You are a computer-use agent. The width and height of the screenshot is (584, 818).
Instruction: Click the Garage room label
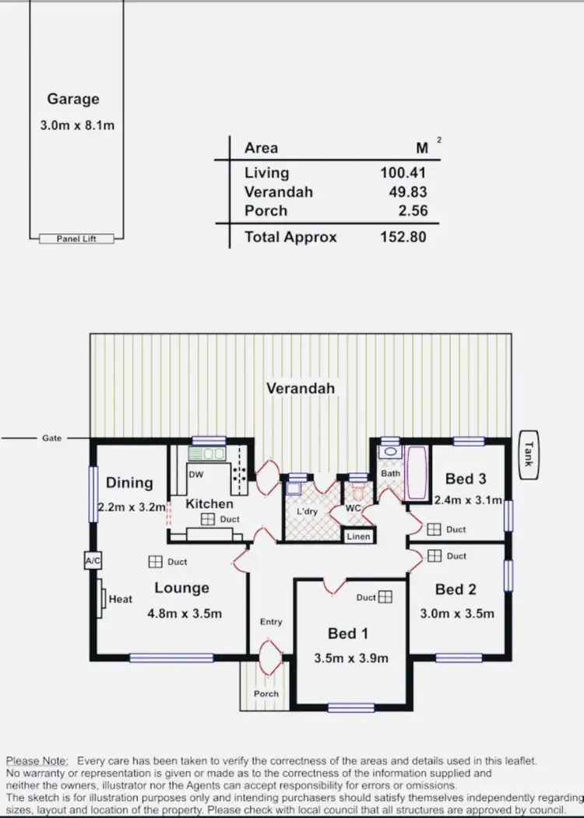tap(73, 99)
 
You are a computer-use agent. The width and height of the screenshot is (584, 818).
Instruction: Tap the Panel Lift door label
tap(76, 239)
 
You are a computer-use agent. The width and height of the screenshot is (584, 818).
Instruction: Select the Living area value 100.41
tap(403, 173)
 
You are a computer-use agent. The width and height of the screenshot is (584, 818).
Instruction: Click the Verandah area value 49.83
tap(408, 191)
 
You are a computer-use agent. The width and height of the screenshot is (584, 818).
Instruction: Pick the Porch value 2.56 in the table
tap(412, 210)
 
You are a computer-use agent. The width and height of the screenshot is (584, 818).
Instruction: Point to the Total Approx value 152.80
tap(403, 237)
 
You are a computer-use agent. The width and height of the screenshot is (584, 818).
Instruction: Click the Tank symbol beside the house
tap(528, 454)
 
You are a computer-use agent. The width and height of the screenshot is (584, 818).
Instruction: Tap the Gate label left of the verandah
tap(52, 438)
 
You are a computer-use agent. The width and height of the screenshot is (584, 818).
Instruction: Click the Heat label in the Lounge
tap(121, 599)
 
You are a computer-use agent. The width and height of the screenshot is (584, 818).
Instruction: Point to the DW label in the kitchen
tap(196, 474)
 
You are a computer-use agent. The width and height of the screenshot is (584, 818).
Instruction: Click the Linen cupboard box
tap(358, 536)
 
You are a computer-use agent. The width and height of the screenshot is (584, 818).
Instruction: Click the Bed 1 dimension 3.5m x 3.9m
tap(350, 658)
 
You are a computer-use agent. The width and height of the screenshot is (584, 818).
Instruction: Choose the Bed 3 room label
tap(466, 479)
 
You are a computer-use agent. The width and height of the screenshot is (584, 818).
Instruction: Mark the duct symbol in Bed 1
tap(385, 597)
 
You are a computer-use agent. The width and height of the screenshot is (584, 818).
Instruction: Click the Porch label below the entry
tap(266, 693)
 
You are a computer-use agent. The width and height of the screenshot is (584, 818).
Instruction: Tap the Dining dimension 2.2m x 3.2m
tap(132, 507)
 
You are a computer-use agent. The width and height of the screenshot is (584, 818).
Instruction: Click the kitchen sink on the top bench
tap(207, 454)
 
